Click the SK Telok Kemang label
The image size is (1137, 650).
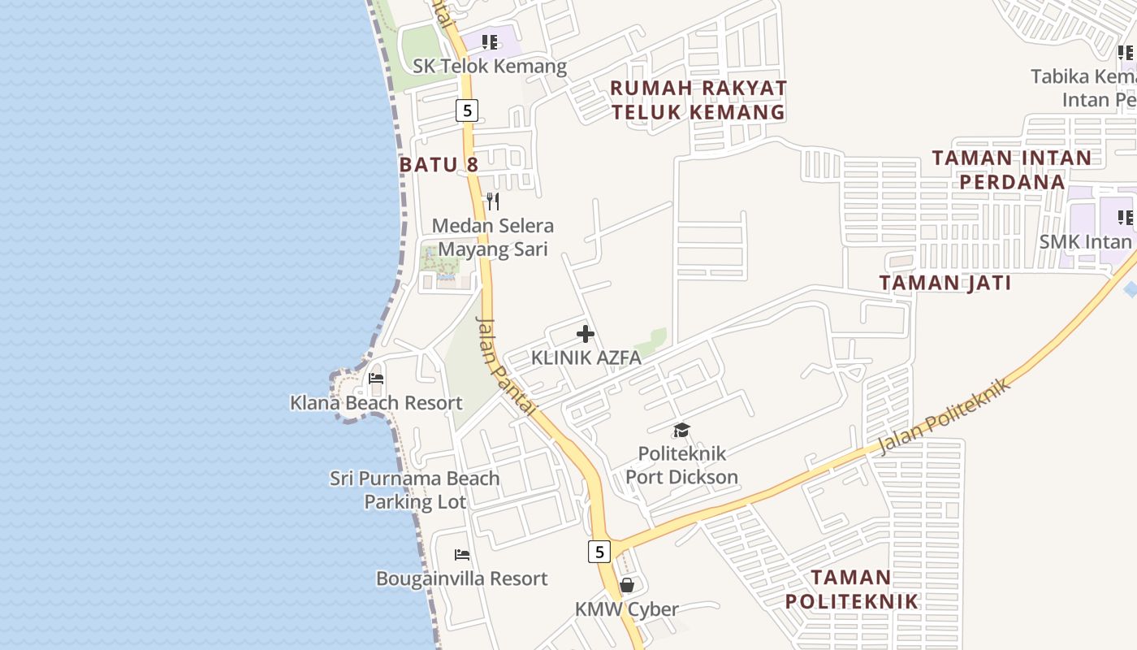(x=489, y=66)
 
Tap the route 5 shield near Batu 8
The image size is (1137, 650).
(x=466, y=110)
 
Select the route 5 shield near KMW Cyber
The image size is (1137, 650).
(x=599, y=552)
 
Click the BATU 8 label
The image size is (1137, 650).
(x=439, y=165)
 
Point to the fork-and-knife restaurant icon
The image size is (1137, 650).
(x=493, y=201)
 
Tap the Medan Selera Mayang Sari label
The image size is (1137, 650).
(x=493, y=237)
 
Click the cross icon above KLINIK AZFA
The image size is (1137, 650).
(x=585, y=334)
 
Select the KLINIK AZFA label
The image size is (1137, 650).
(x=586, y=357)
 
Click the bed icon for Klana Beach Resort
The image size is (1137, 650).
(x=376, y=379)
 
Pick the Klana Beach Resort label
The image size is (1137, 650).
(x=376, y=403)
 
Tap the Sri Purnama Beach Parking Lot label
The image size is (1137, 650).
(x=415, y=490)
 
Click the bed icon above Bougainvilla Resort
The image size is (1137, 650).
(x=462, y=555)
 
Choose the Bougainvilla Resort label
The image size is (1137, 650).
(x=462, y=578)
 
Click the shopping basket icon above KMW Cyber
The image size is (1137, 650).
(x=627, y=585)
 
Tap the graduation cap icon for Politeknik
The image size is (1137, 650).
(x=681, y=430)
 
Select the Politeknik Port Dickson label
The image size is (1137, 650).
(x=682, y=465)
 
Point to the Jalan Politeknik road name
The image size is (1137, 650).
(x=946, y=415)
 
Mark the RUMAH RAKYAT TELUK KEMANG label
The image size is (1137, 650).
(x=698, y=100)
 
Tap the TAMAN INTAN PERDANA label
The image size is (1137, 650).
(x=1012, y=169)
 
